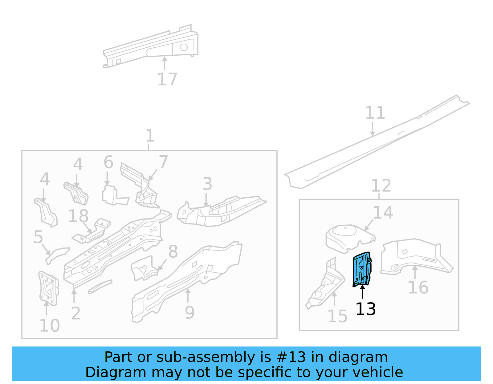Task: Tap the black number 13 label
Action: pyautogui.click(x=365, y=309)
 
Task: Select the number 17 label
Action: pyautogui.click(x=167, y=79)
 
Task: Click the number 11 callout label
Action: pyautogui.click(x=375, y=113)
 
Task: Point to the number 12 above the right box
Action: pyautogui.click(x=381, y=186)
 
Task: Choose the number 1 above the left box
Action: pyautogui.click(x=150, y=136)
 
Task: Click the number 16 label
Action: pyautogui.click(x=418, y=287)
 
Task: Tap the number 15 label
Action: pyautogui.click(x=337, y=316)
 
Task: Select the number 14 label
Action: pyautogui.click(x=383, y=212)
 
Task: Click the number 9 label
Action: pyautogui.click(x=190, y=313)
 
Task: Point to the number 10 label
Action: pyautogui.click(x=50, y=326)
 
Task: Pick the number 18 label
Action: pyautogui.click(x=78, y=216)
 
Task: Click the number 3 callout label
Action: pyautogui.click(x=207, y=184)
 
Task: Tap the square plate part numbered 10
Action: pyautogui.click(x=49, y=288)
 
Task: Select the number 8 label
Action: pyautogui.click(x=173, y=251)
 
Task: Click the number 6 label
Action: pyautogui.click(x=108, y=162)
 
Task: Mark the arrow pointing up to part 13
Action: pyautogui.click(x=362, y=292)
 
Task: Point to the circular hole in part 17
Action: pyautogui.click(x=184, y=47)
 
